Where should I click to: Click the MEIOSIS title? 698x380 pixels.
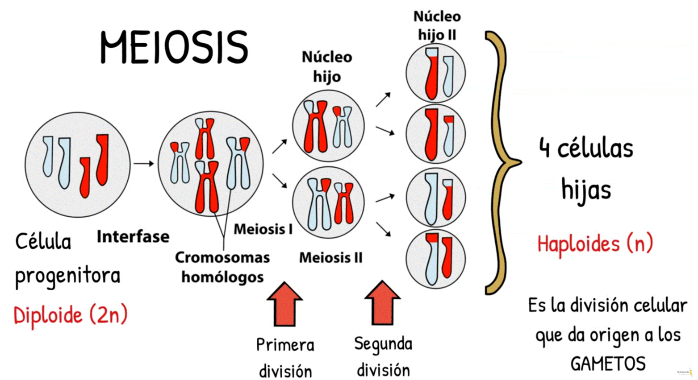tap(174, 47)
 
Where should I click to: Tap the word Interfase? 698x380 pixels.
tap(133, 236)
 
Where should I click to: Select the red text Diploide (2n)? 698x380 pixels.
tap(71, 315)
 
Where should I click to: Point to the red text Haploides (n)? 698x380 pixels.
tap(595, 244)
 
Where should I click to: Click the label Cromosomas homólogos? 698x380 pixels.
tap(222, 267)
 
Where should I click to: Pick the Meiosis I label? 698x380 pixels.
tap(263, 229)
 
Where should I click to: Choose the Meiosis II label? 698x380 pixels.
tap(330, 257)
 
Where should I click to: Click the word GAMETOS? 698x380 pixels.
tap(608, 364)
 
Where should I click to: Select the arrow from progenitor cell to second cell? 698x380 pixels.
tap(143, 164)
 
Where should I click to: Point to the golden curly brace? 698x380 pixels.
tap(500, 163)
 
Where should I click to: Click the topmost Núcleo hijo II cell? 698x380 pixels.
tap(435, 74)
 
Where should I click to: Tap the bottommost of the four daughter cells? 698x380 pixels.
tap(435, 259)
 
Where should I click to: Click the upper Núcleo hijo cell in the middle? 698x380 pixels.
tap(328, 126)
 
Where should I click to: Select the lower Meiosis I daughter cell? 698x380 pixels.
tap(328, 203)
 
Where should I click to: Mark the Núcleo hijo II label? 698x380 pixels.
tap(437, 25)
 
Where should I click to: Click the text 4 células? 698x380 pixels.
tap(586, 149)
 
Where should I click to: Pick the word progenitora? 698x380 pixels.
tap(68, 276)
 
